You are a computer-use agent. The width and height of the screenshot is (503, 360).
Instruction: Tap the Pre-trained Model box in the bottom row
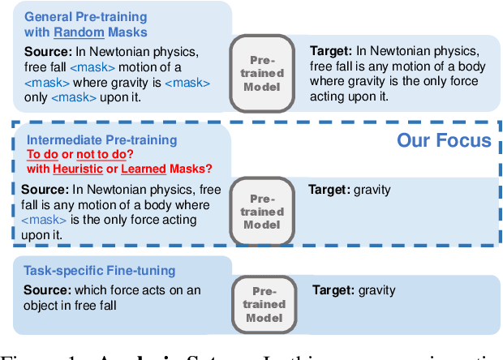point(265,304)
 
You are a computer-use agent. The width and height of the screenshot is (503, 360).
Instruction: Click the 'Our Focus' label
point(443,140)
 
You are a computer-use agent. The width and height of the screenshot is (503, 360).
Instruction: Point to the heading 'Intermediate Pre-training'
point(91,139)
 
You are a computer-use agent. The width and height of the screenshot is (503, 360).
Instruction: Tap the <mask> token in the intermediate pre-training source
point(41,220)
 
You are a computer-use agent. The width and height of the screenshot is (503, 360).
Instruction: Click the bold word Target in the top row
point(329,50)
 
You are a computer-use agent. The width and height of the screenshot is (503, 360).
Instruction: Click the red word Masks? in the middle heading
point(191,169)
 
